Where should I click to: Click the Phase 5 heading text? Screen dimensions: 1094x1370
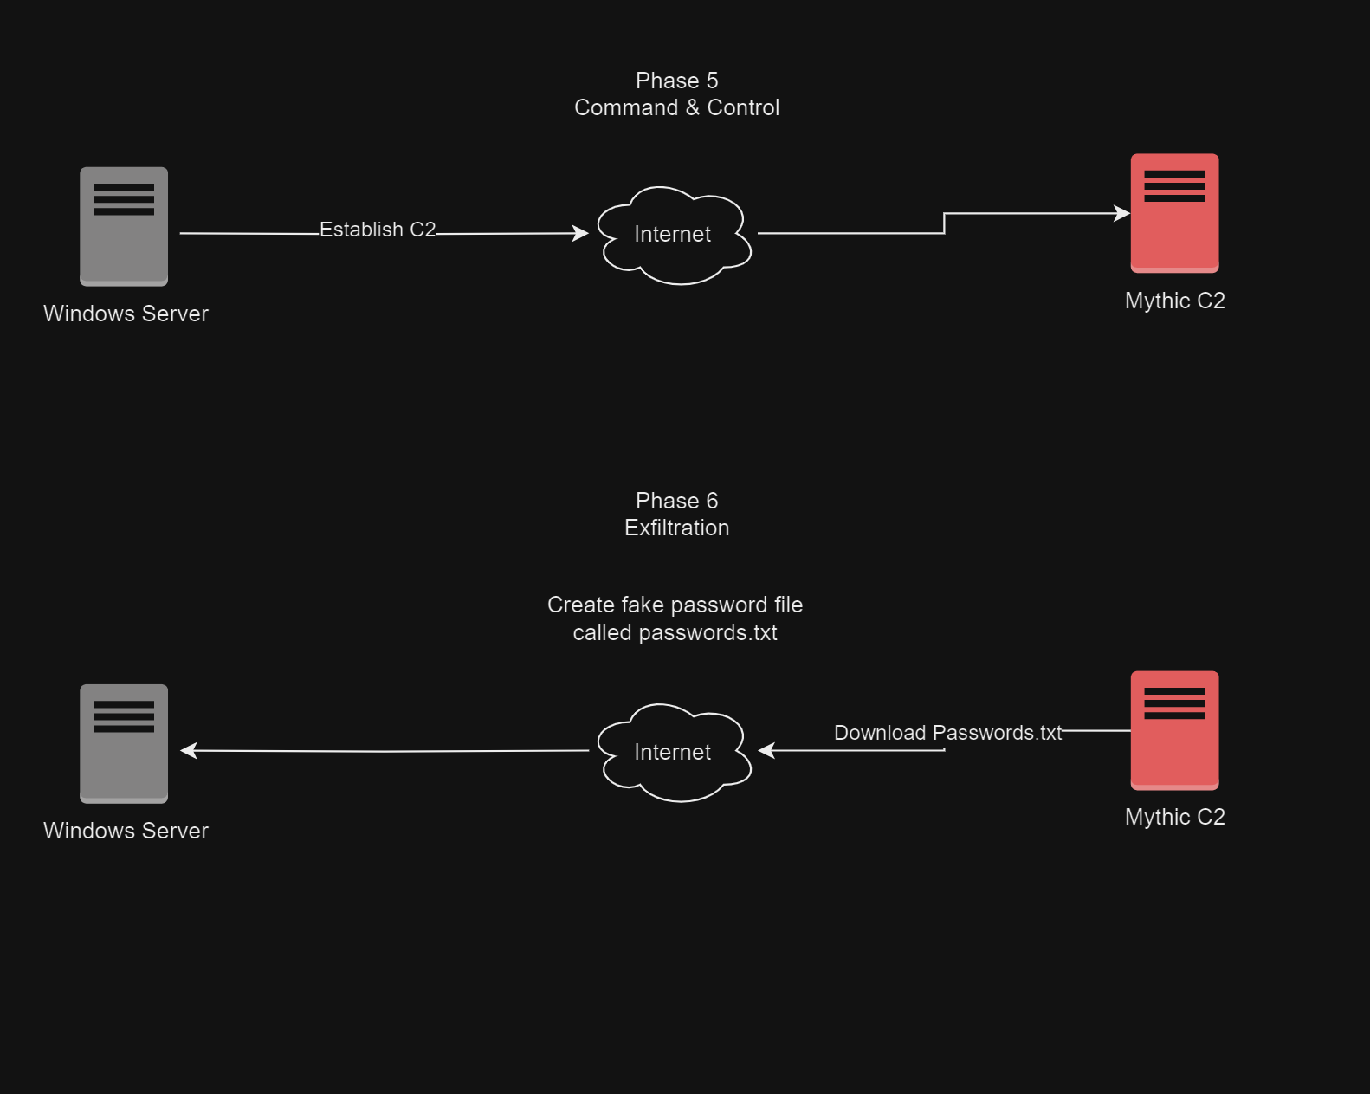[676, 81]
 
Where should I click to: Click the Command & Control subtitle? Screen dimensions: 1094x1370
[676, 107]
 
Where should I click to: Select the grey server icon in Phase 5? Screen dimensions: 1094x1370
[124, 226]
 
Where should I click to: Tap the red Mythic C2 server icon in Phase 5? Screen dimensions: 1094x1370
[1174, 213]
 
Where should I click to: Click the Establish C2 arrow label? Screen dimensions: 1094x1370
[378, 230]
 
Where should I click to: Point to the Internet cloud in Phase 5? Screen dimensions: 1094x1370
[674, 234]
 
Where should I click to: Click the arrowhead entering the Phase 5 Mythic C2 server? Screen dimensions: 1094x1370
[1122, 213]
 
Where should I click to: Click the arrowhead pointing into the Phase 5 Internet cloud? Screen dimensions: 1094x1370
[581, 233]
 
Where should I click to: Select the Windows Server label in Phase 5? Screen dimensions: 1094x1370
[126, 314]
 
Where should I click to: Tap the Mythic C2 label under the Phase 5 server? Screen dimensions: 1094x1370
[1174, 301]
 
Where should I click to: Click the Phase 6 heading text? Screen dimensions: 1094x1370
[676, 501]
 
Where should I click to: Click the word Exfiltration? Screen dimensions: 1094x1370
[676, 528]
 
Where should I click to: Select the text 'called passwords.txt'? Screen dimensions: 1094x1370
[675, 632]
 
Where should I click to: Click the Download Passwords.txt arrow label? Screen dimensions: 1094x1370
[947, 733]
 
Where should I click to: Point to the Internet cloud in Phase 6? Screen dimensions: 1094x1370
[674, 752]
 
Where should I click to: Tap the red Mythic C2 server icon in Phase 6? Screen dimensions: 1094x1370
[1174, 730]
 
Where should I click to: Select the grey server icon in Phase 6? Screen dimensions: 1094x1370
[124, 743]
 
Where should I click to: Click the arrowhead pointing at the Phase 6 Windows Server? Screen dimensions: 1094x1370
[188, 750]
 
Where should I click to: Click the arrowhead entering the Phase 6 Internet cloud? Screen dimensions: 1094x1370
[766, 750]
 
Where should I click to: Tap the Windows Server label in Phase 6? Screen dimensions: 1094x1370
[126, 831]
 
